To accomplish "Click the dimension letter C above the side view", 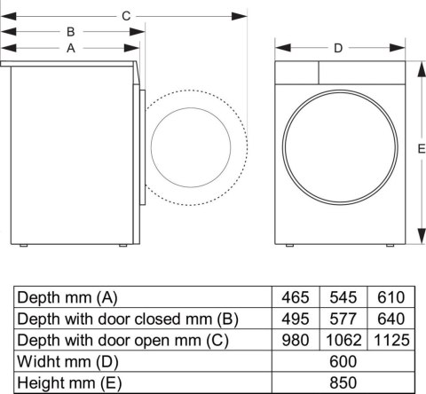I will click(126, 15).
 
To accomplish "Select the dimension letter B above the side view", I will click(70, 32).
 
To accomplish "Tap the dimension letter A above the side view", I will click(70, 49).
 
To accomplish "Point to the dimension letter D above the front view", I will click(338, 48).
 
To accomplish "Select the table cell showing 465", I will click(296, 297).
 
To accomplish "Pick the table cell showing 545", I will click(342, 297).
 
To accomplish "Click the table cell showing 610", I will click(390, 297).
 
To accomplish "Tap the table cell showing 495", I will click(296, 319).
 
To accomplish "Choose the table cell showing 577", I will click(342, 319).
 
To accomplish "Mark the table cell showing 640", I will click(390, 319).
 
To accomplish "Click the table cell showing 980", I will click(296, 340).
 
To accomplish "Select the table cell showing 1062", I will click(342, 340).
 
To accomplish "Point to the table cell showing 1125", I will click(390, 340).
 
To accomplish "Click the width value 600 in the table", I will click(343, 361).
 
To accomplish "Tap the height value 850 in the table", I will click(343, 382).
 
